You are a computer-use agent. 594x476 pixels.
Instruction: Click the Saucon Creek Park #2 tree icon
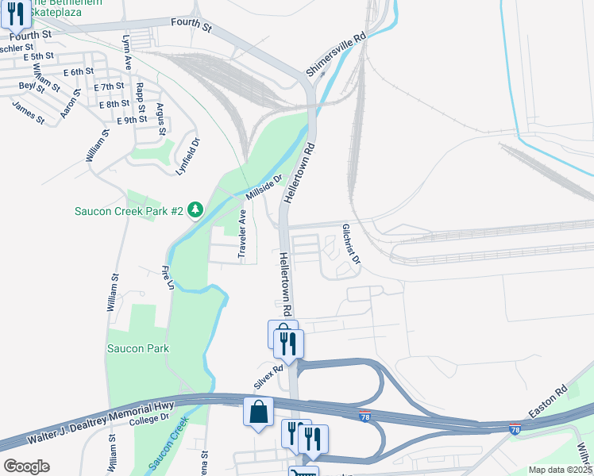coord(195,210)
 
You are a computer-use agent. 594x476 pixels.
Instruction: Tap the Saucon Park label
coord(138,348)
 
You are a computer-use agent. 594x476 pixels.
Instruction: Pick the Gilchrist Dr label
coord(351,244)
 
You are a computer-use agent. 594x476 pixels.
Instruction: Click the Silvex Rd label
coord(268,374)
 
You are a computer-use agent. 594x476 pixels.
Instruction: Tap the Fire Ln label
coord(168,277)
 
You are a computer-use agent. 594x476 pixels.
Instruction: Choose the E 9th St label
coord(132,120)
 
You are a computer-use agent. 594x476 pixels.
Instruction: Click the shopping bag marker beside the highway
coord(258,412)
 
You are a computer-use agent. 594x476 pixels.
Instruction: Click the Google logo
coord(27,466)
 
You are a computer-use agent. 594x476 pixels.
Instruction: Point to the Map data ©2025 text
coord(560,470)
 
